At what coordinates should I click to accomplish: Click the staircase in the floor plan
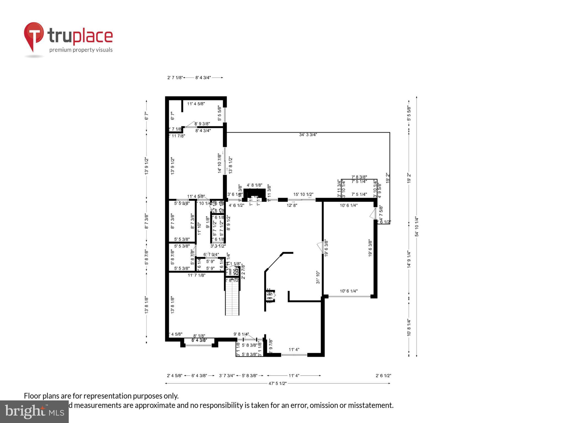coord(232,299)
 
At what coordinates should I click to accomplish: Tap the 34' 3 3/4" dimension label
coord(308,135)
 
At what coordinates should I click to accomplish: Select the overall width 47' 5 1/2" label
coord(278,383)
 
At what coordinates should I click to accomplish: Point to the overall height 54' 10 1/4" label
coord(417,227)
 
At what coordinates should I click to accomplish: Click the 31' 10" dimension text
coord(318,277)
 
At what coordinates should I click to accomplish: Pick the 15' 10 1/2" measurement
coord(303,194)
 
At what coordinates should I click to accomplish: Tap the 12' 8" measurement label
coord(292,205)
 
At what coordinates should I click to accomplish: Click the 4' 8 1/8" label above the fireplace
coord(254,185)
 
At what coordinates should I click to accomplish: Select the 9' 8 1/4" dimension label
coord(241,334)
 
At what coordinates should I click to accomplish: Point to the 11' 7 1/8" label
coord(196,275)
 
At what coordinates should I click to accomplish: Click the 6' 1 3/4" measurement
coord(211,254)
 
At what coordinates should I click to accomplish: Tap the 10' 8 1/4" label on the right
coord(409,327)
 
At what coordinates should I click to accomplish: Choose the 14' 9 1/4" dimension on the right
coord(409,259)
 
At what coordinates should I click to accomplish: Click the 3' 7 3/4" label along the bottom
coord(227,376)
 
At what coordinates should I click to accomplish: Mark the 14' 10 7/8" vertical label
coord(220,163)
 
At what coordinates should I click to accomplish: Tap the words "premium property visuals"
coord(81,50)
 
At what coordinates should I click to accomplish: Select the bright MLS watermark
coord(34,411)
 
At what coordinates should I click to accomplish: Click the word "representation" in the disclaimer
coord(107,396)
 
